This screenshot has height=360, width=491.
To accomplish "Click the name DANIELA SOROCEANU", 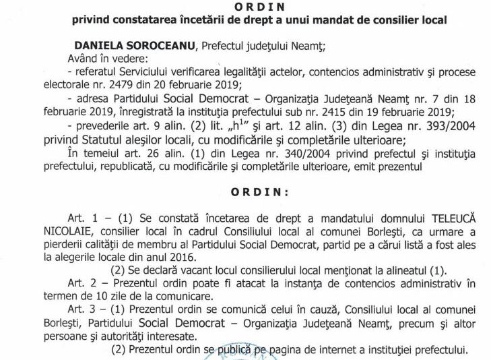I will tap(125, 45).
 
